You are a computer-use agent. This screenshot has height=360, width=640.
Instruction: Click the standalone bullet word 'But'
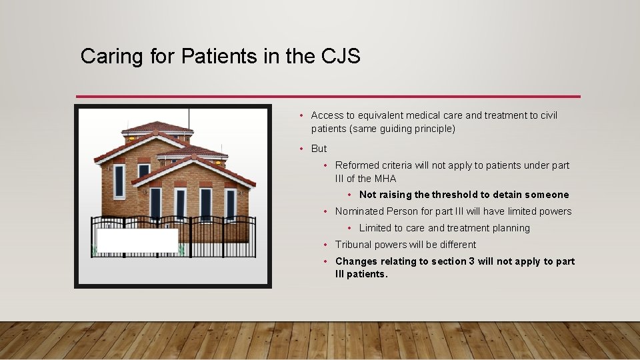319,149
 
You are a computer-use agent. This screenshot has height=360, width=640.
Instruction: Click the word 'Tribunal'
357,245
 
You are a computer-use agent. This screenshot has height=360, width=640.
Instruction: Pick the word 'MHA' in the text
385,179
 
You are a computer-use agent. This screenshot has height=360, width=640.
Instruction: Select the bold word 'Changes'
357,261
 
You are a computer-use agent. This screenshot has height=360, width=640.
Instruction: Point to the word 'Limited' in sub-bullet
377,228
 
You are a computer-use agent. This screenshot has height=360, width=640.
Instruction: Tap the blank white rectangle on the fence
137,241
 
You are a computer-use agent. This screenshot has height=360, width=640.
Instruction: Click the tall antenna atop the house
189,117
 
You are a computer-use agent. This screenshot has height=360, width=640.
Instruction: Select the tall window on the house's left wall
119,181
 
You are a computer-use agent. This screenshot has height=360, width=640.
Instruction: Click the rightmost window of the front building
231,204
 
